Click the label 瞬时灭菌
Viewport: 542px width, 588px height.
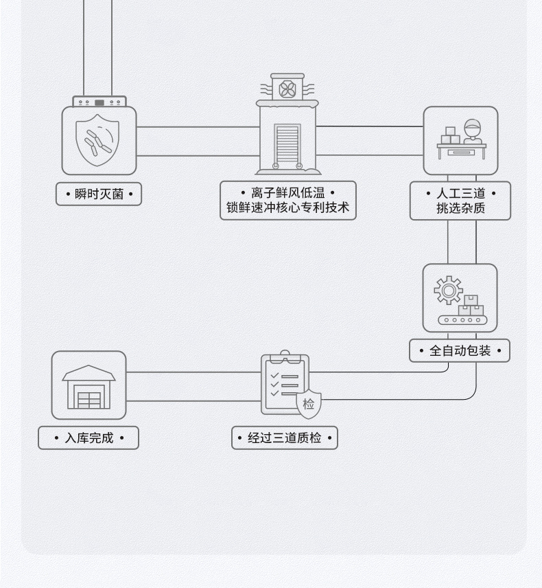point(99,194)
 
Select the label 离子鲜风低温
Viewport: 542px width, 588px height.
point(287,193)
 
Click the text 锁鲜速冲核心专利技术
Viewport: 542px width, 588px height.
point(287,207)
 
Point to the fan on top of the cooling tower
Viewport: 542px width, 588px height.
point(287,89)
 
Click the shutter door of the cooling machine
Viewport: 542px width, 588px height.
point(287,144)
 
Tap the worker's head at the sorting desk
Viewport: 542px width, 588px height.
point(472,128)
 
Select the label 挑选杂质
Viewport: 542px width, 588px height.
point(460,208)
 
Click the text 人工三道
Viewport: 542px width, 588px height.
point(460,194)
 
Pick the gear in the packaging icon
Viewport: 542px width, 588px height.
point(448,291)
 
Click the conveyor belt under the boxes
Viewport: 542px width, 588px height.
point(460,319)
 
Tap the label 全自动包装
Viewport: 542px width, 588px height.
point(460,351)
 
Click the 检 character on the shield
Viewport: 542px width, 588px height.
point(308,404)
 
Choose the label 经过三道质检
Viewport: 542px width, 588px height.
point(285,438)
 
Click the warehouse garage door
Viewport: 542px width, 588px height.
point(89,399)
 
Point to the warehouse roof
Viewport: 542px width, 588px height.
point(89,374)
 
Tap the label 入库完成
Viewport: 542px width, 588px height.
point(89,438)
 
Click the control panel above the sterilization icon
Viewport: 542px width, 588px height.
point(99,102)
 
